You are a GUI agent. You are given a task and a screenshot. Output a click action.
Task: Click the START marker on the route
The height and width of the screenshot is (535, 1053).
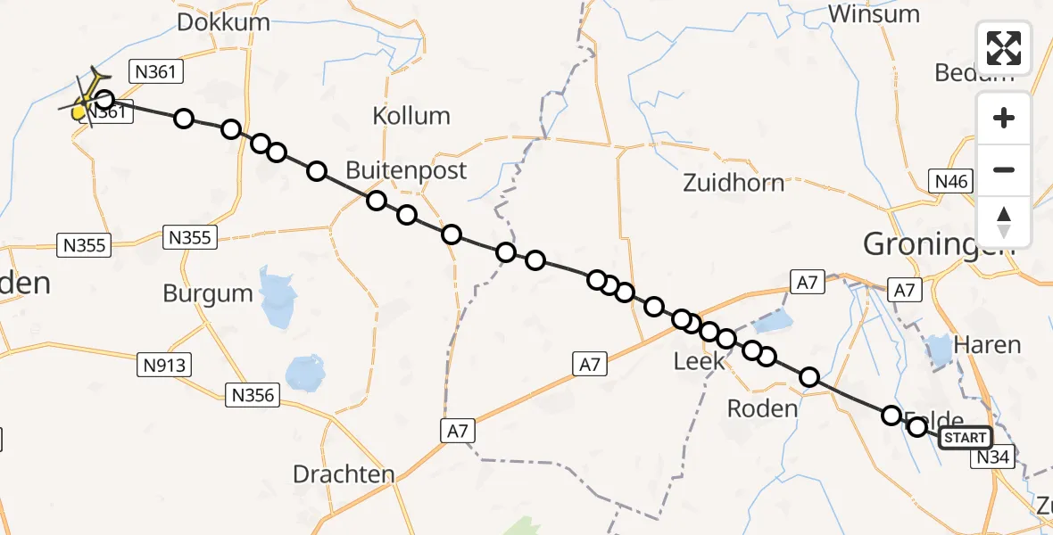(966, 437)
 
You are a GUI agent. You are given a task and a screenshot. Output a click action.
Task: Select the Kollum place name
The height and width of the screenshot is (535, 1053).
(411, 116)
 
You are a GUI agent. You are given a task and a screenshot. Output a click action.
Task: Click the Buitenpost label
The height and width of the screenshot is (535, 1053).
(406, 170)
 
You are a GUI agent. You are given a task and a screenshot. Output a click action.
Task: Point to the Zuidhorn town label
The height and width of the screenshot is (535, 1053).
(734, 183)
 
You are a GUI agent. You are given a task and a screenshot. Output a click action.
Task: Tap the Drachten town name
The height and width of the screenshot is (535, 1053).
(344, 474)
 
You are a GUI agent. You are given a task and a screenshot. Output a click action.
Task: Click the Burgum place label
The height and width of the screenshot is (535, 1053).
(208, 293)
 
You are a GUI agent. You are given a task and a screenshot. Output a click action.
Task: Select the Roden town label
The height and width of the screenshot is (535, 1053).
(762, 408)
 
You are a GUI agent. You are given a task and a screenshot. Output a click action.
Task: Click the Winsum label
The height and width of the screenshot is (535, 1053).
(874, 14)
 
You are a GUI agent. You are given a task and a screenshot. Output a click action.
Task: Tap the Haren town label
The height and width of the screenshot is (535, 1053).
(987, 344)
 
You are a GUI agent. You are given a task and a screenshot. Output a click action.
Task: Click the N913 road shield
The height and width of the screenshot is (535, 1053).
(165, 364)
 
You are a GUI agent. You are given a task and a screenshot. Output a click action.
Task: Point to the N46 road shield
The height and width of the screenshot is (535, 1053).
(951, 182)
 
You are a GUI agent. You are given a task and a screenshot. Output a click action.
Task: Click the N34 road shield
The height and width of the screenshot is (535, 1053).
(992, 457)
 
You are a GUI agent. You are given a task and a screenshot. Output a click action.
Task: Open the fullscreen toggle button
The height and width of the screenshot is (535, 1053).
(1004, 47)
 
